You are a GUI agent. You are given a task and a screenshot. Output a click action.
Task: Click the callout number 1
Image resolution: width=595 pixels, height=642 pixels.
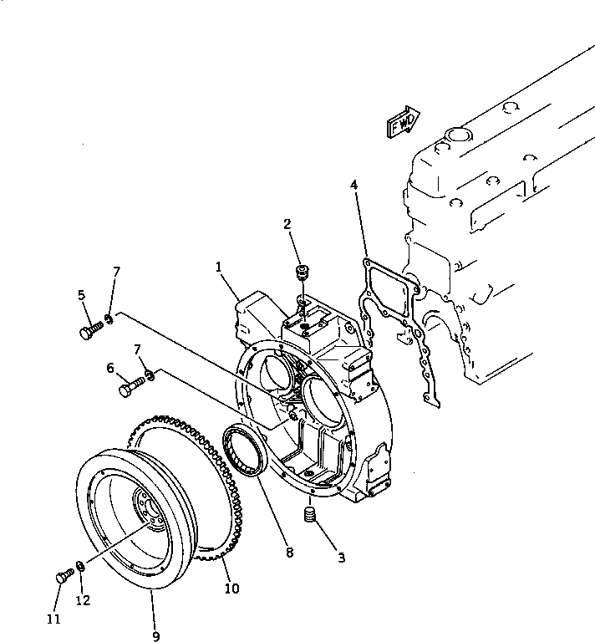coord(219,268)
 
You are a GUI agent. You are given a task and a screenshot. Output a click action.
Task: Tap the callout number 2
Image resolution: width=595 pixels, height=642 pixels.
coord(287,224)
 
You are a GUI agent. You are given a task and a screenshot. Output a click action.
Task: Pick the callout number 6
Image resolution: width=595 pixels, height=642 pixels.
coord(110,367)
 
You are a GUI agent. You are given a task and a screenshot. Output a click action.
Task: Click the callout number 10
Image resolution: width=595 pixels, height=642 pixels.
coord(231,588)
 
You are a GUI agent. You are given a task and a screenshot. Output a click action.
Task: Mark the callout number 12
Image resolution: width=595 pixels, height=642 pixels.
coord(81,600)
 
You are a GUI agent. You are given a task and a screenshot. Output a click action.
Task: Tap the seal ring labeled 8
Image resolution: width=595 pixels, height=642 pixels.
coord(244,451)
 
